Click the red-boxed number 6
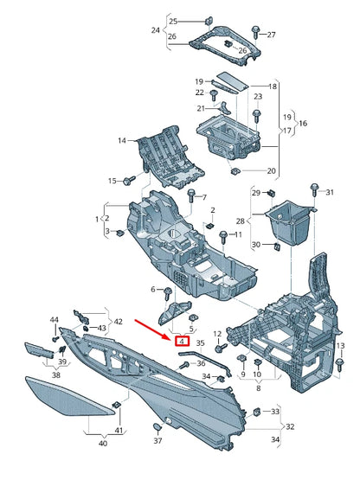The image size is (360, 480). tap(183, 342)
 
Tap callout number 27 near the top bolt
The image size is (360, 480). tap(271, 35)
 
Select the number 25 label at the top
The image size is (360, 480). tap(172, 21)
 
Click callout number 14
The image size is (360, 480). tap(122, 140)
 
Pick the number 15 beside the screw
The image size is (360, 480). tap(112, 181)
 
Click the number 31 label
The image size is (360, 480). tap(327, 191)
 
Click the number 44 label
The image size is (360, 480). tap(54, 321)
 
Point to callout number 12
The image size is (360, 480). tap(218, 334)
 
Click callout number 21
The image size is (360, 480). tap(202, 108)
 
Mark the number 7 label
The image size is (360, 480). tap(204, 197)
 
